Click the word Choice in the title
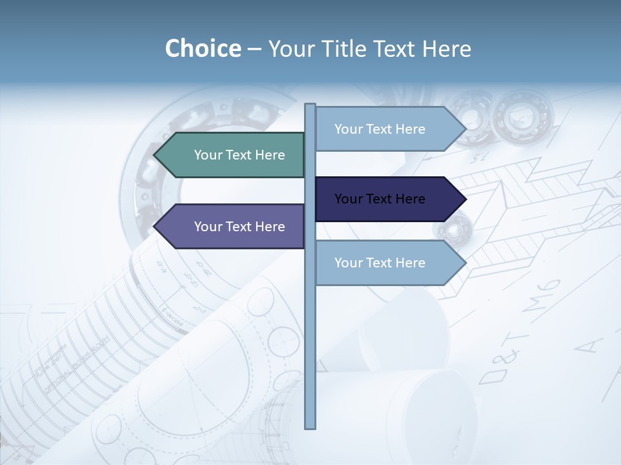202,48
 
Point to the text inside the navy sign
380,199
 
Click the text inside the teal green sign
239,155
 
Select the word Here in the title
446,48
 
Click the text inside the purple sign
239,227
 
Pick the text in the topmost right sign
380,129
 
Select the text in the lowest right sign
380,263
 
